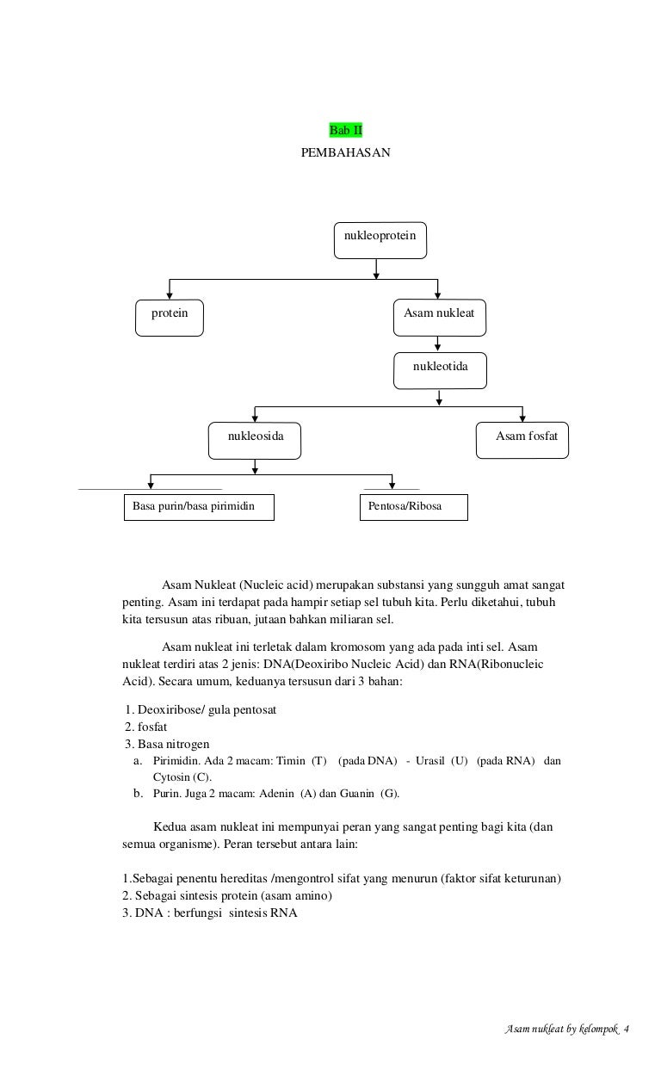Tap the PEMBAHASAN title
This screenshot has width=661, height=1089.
pyautogui.click(x=345, y=152)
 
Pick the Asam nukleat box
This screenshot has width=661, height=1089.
pyautogui.click(x=439, y=316)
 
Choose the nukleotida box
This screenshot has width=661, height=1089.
pyautogui.click(x=441, y=370)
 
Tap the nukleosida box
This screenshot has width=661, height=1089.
pyautogui.click(x=255, y=440)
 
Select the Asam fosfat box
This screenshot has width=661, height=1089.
pyautogui.click(x=523, y=440)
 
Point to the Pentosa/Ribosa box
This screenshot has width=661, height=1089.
pyautogui.click(x=413, y=507)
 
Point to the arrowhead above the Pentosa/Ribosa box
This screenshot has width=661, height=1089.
pyautogui.click(x=392, y=487)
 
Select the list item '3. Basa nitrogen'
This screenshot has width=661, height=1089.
pyautogui.click(x=167, y=744)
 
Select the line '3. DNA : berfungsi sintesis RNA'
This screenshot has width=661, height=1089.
pyautogui.click(x=210, y=913)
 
